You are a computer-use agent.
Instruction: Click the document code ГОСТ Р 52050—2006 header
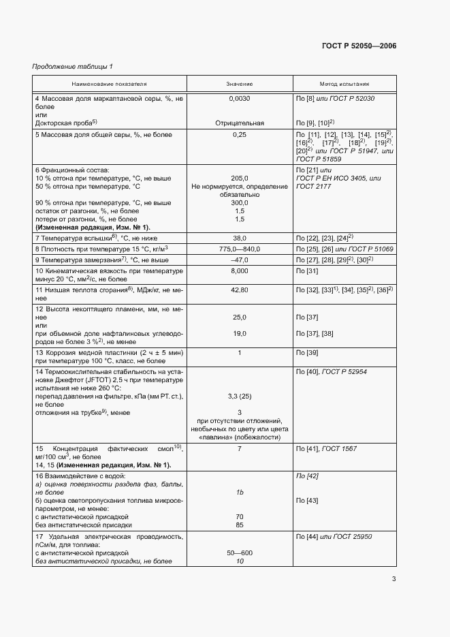coord(359,46)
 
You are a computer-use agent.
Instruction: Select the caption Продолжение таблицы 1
coord(73,66)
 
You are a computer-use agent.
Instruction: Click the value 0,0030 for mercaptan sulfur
coord(240,99)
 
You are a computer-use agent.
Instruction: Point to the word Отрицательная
coord(240,123)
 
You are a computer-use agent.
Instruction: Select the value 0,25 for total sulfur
coord(240,135)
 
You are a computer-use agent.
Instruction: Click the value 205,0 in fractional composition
coord(240,178)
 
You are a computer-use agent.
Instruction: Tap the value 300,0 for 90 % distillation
coord(240,203)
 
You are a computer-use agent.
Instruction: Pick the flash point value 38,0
coord(240,238)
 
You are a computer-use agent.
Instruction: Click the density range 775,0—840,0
coord(240,249)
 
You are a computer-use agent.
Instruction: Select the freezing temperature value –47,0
coord(240,260)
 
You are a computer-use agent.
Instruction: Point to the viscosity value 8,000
coord(240,271)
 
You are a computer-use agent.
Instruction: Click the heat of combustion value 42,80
coord(240,290)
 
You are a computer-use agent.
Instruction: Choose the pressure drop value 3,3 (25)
coord(240,396)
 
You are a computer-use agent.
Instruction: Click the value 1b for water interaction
coord(240,491)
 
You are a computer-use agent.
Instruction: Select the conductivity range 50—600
coord(240,553)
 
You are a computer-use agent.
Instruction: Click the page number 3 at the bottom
coord(393,580)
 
